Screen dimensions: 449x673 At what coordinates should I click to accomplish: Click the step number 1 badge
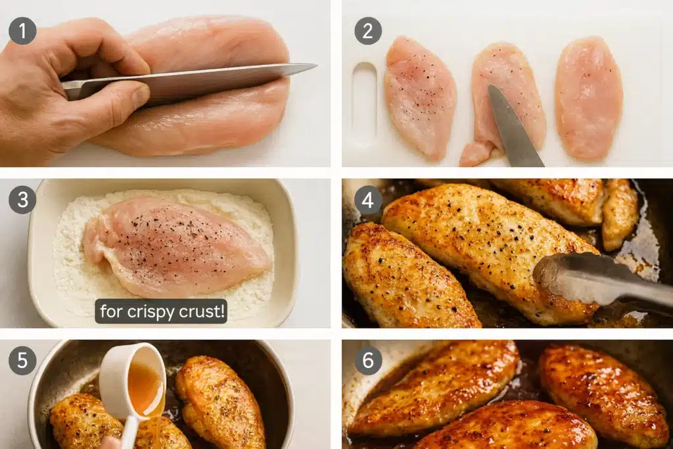coord(22,31)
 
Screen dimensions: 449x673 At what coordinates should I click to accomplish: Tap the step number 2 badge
coord(368,31)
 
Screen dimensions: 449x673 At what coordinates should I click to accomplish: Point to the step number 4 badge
coord(368,200)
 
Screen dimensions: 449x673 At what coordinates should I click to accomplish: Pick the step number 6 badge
coord(368,361)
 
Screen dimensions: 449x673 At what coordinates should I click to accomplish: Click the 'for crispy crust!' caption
coord(162,311)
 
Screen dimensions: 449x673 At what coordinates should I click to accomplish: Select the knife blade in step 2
coord(513,125)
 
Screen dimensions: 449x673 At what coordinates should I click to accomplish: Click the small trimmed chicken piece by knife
coord(475,153)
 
